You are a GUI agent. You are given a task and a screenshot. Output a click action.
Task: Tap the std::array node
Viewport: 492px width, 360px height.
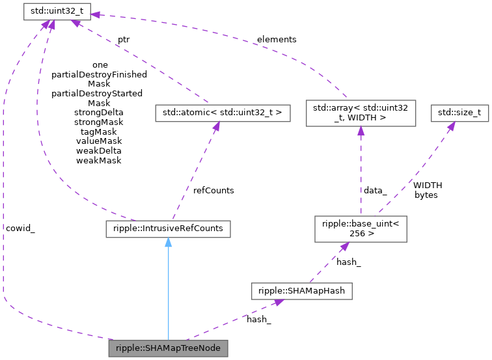tap(361, 113)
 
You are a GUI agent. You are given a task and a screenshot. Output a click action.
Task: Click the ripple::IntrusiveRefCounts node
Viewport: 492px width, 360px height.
tap(168, 228)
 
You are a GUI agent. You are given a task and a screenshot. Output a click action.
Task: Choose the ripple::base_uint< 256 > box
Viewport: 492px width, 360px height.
tap(361, 228)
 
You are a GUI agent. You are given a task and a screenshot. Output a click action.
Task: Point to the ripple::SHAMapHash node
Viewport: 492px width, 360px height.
tap(302, 291)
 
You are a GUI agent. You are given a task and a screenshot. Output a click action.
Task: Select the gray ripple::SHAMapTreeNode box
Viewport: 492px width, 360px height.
tap(169, 348)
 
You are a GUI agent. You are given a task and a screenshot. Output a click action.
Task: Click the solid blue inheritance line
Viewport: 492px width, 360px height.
tap(168, 293)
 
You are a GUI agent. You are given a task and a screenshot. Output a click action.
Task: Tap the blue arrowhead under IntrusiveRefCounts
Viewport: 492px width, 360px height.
tap(168, 243)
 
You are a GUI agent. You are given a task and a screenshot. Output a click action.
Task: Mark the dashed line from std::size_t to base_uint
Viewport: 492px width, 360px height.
tap(417, 169)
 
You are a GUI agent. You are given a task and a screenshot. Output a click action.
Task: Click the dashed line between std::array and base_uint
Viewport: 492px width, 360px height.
tap(361, 173)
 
